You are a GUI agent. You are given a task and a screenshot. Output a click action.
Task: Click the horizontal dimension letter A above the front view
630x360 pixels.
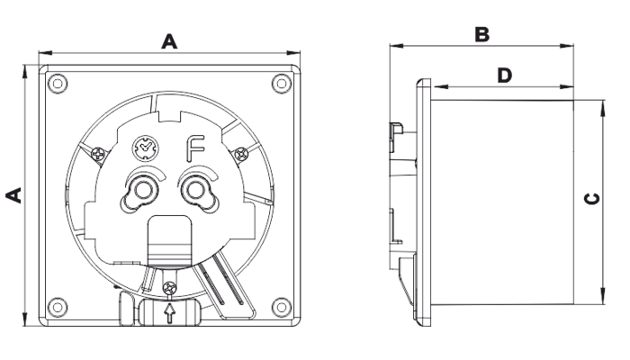point(169,41)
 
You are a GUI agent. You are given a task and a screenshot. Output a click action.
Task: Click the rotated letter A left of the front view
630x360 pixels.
point(13,195)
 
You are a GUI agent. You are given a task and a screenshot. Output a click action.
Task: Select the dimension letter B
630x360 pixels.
point(481,34)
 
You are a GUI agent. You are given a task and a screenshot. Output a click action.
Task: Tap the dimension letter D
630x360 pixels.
point(505,75)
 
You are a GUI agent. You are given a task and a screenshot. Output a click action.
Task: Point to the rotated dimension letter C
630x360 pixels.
point(592,199)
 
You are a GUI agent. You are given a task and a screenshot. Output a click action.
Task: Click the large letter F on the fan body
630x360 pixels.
point(195,148)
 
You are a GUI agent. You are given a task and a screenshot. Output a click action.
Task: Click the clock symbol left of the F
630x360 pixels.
point(146,148)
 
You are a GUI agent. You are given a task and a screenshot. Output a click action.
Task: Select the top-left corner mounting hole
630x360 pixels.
point(58,84)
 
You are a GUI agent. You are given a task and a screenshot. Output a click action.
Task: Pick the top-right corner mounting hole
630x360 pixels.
point(282,84)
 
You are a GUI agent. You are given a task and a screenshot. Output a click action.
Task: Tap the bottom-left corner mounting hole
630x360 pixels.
point(58,308)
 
